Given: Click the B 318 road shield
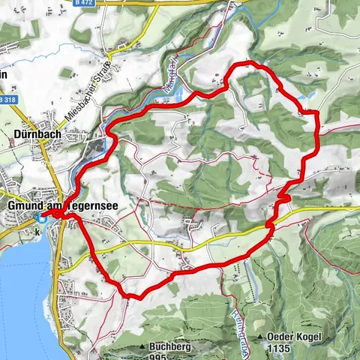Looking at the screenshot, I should pyautogui.click(x=8, y=99).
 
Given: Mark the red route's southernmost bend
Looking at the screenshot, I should pyautogui.click(x=132, y=297).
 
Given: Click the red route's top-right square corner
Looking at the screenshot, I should pyautogui.click(x=317, y=114).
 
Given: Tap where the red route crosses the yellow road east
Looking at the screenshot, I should pyautogui.click(x=272, y=222).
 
